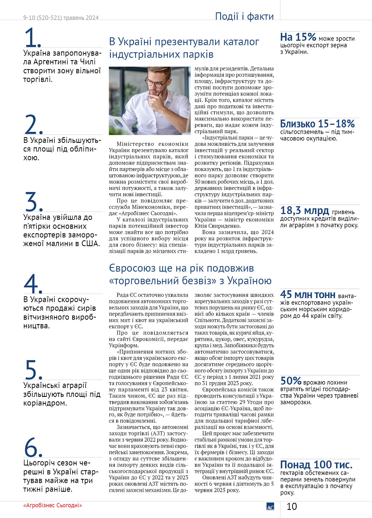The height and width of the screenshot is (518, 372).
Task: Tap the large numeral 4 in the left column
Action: pos(32,283)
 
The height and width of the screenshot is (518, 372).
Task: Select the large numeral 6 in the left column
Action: pos(32,447)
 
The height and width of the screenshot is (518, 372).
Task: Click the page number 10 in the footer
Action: pos(292,506)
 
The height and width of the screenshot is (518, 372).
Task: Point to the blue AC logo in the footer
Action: pos(270,506)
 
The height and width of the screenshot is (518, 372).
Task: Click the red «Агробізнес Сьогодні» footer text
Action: pos(53,505)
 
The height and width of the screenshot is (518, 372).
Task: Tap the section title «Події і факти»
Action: pos(244,16)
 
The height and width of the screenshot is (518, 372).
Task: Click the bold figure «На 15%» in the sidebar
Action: pos(298,37)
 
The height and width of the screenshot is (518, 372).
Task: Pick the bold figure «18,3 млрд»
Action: pos(305,211)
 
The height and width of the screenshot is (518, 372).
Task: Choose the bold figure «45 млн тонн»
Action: pos(308,294)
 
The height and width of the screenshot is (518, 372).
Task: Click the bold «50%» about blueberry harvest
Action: pos(291,381)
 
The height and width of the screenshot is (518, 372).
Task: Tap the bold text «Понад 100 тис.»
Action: pos(316,465)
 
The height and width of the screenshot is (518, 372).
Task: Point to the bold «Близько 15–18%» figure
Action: pos(317,124)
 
